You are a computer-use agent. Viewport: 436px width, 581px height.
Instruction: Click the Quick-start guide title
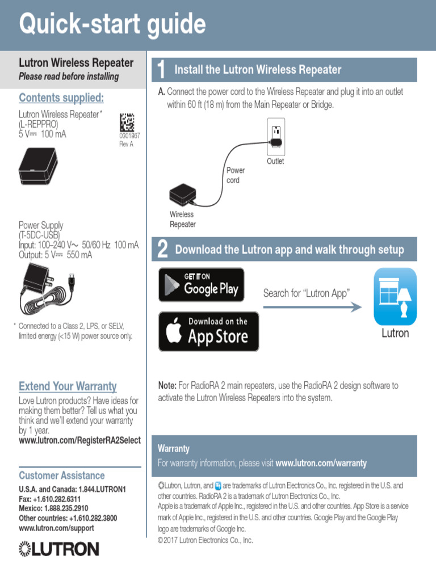[112, 25]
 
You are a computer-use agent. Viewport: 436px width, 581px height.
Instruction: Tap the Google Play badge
[201, 285]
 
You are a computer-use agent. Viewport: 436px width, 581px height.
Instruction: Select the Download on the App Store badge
[208, 331]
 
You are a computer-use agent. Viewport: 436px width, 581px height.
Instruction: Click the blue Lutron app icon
[395, 296]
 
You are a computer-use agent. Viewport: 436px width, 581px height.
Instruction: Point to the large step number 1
[162, 70]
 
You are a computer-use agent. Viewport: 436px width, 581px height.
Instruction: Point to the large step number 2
[162, 250]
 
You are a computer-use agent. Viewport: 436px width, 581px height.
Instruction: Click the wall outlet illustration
[276, 136]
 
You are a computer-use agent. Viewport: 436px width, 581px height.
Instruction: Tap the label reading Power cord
[235, 175]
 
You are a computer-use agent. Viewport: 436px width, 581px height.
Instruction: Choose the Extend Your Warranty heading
[68, 386]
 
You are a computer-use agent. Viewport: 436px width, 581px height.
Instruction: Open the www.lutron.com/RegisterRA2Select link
[79, 440]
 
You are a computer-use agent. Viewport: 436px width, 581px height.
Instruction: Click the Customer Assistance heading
[62, 475]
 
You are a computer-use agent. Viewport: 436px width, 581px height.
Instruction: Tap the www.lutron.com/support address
[56, 528]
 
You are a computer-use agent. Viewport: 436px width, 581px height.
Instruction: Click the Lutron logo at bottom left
[59, 549]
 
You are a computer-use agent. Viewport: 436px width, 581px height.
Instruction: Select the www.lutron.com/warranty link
[321, 463]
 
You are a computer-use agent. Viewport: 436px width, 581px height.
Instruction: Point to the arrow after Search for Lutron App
[313, 308]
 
